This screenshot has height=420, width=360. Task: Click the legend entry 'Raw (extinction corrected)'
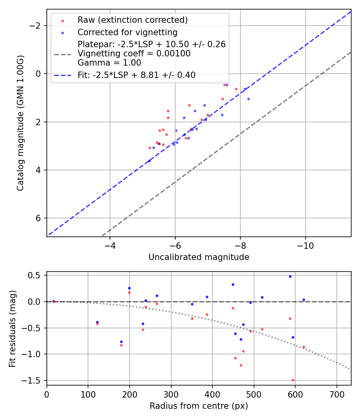coord(132,20)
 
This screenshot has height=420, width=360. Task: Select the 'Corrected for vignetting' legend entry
coord(127,32)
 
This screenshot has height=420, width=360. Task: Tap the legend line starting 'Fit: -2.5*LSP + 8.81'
coord(136,75)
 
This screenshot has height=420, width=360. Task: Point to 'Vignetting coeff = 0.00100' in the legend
coord(134,54)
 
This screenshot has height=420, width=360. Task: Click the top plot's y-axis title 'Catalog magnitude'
coord(20,123)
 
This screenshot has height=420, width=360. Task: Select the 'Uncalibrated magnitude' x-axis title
coord(199,257)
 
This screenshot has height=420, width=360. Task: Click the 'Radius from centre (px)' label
coord(199,406)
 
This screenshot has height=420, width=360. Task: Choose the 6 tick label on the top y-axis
coord(39,218)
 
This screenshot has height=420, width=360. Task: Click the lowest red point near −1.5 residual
coord(293,380)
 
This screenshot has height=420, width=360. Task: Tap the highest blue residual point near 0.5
coord(290,276)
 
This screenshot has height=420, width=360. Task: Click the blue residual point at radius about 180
coord(121,342)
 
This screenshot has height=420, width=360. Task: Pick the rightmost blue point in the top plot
coord(248,99)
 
